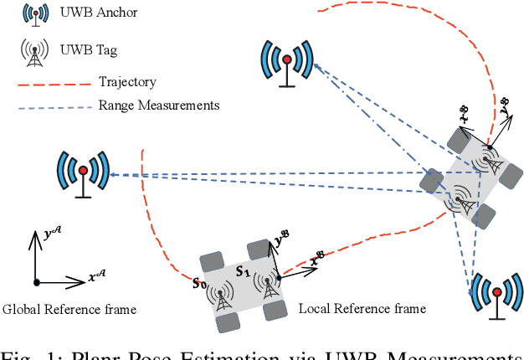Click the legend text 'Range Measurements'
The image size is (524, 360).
tap(159, 105)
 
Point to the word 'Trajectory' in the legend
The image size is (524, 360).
tap(126, 83)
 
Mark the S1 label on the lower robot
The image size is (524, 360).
tap(243, 271)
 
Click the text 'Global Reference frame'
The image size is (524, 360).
tap(69, 310)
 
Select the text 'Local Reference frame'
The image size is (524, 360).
tap(362, 309)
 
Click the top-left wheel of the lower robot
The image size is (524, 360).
tap(209, 255)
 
